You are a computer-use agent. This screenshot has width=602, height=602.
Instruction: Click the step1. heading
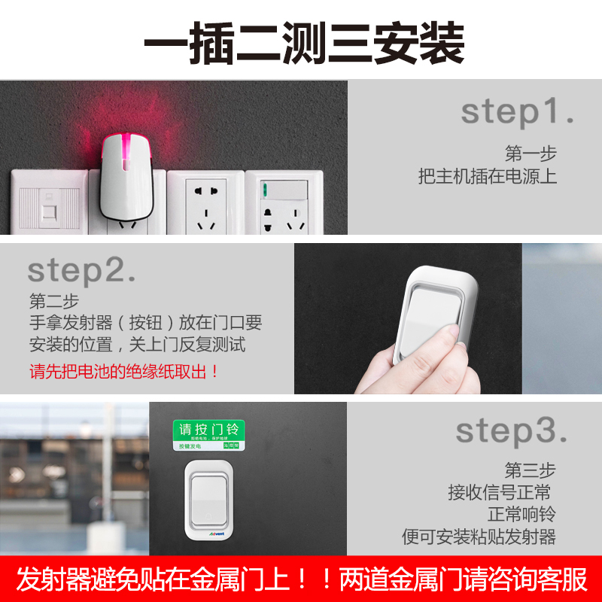pos(517,112)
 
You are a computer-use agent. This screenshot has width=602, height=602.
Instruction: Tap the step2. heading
pos(81,270)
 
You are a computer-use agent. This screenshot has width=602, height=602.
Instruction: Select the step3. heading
pos(511,432)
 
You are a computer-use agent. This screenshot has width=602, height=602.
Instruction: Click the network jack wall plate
pos(48,203)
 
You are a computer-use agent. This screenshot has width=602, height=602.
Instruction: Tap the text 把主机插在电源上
pos(488,177)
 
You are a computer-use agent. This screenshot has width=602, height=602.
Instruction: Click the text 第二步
pos(53,301)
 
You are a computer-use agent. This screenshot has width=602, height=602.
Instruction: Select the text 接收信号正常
pos(499,493)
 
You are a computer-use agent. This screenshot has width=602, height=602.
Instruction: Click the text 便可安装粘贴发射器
pos(479,537)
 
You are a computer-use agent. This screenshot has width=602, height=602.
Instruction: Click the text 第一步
pos(531,154)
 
